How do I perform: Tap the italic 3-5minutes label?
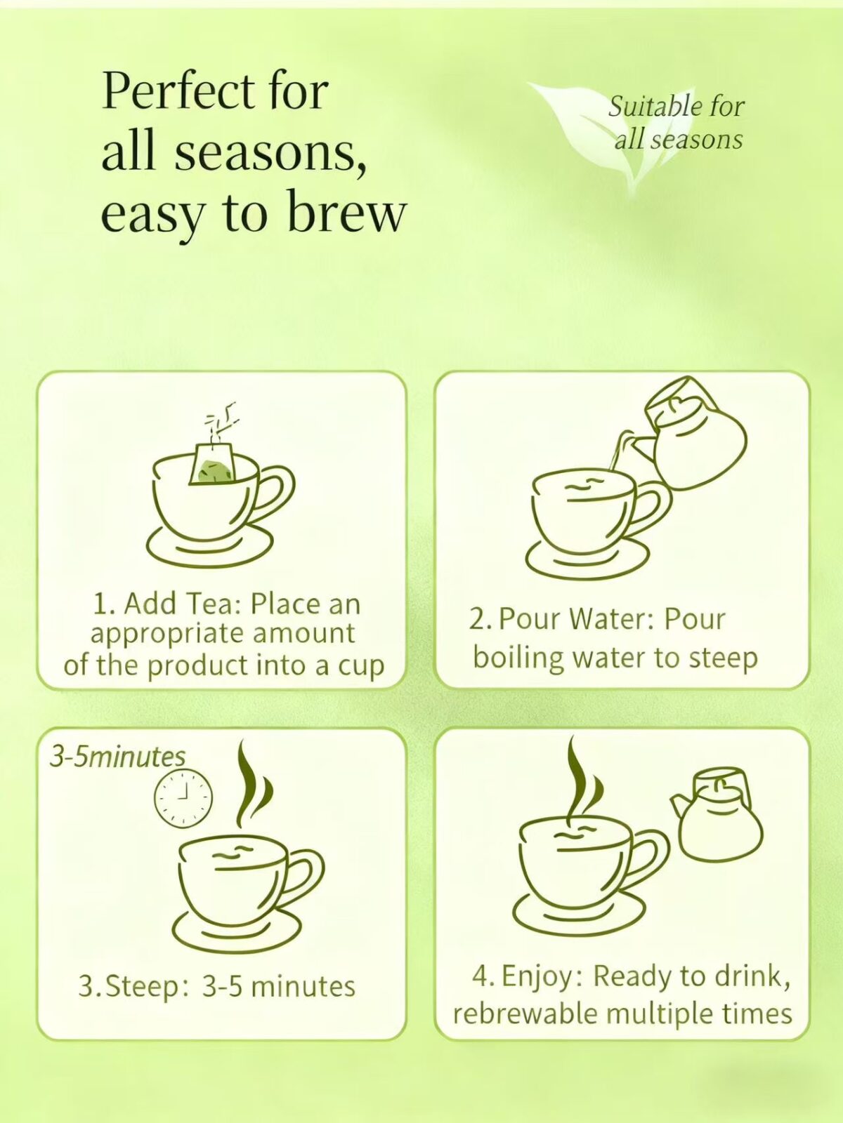[117, 757]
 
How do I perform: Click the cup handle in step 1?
[277, 492]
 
